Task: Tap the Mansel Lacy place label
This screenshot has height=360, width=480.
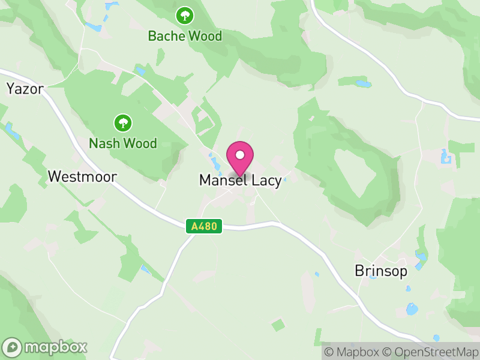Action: (240, 181)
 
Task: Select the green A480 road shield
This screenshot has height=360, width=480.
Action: (205, 226)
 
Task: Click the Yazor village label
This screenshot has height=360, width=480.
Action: (25, 89)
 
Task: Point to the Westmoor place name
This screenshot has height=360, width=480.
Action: (82, 176)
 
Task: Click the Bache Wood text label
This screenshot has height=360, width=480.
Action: (185, 36)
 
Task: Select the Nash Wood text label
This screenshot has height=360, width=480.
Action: (122, 143)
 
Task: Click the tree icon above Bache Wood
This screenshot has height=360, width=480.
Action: (184, 15)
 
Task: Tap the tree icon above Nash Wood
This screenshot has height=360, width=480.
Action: (123, 124)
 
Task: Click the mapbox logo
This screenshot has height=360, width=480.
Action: (46, 347)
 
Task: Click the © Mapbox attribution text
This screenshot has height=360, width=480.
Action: (352, 352)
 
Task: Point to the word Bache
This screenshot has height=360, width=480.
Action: (166, 36)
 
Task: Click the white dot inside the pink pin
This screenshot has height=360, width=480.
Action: (240, 155)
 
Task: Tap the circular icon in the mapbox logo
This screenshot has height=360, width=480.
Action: (12, 347)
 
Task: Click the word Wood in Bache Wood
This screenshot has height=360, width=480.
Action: (205, 36)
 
